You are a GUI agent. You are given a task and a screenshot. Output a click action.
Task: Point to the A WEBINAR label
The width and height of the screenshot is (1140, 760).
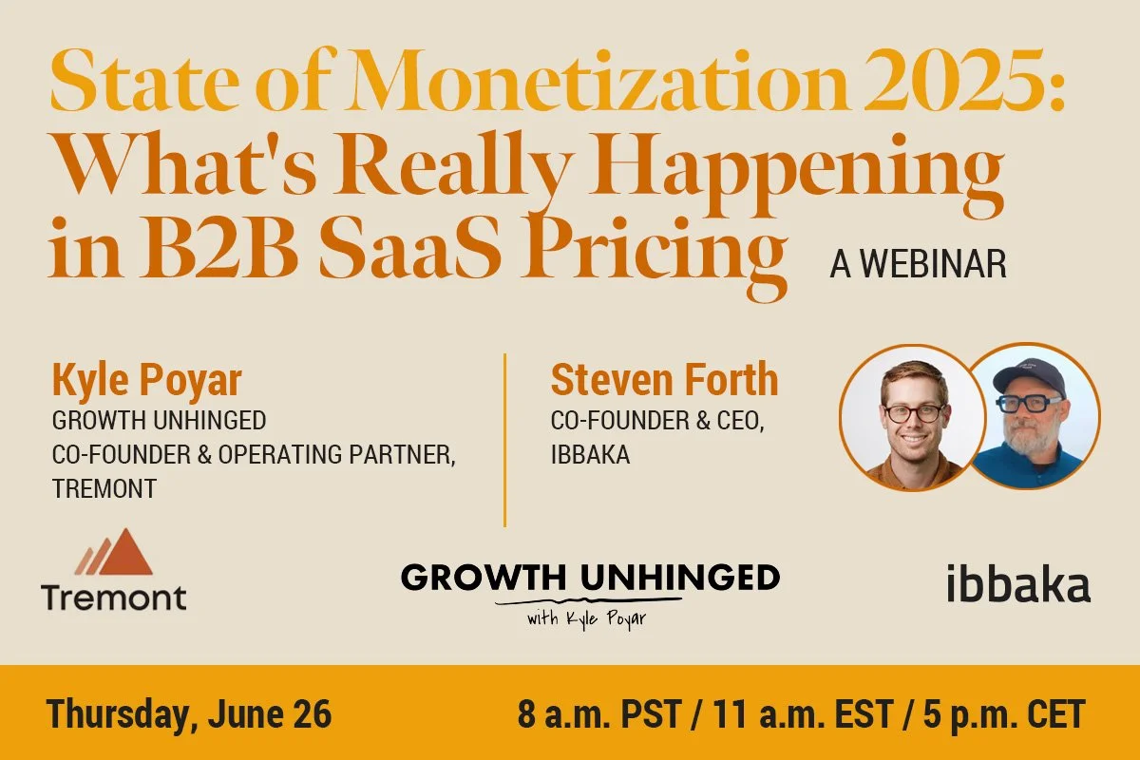(918, 265)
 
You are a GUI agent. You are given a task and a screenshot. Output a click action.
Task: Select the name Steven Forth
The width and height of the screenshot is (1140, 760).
(664, 381)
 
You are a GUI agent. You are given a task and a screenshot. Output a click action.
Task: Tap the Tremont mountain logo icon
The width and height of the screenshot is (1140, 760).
(114, 553)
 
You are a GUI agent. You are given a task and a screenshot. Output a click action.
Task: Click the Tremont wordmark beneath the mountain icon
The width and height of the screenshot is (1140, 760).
(114, 598)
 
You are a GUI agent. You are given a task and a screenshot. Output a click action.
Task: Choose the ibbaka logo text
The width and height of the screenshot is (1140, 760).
(1018, 585)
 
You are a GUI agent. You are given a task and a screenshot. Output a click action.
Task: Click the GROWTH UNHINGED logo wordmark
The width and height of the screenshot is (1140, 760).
(590, 577)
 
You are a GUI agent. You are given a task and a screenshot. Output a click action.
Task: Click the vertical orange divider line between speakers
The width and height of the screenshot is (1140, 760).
(504, 439)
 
